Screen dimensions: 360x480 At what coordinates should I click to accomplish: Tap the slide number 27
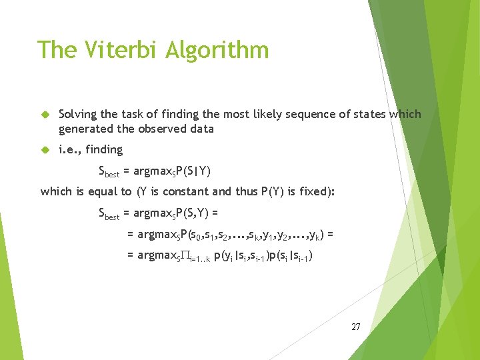(x=355, y=327)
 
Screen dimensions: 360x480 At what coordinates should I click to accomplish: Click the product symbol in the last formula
(x=184, y=256)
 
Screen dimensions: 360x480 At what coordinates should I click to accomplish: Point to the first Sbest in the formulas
(x=109, y=172)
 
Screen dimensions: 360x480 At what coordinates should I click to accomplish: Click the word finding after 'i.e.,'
(x=104, y=150)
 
